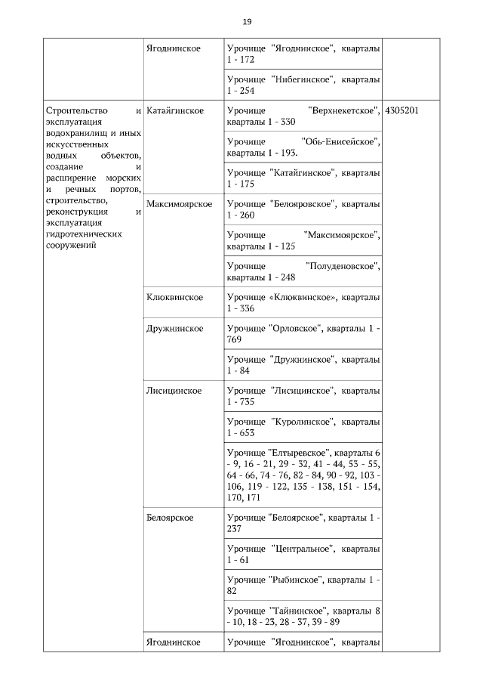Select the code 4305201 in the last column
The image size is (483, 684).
tap(401, 110)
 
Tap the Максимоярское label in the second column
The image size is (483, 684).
tap(180, 204)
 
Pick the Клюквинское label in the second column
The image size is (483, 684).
tap(174, 297)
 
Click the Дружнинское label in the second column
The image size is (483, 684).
tap(174, 329)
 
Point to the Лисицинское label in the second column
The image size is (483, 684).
tap(174, 391)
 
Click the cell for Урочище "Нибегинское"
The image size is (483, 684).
tap(303, 85)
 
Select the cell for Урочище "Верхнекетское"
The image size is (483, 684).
tap(303, 116)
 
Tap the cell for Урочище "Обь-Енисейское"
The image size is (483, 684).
tap(303, 147)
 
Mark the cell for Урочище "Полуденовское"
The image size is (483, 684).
tap(303, 271)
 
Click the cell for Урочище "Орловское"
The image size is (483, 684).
tap(303, 334)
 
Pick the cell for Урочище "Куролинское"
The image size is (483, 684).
tap(303, 427)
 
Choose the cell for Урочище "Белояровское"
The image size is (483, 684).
tap(303, 209)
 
